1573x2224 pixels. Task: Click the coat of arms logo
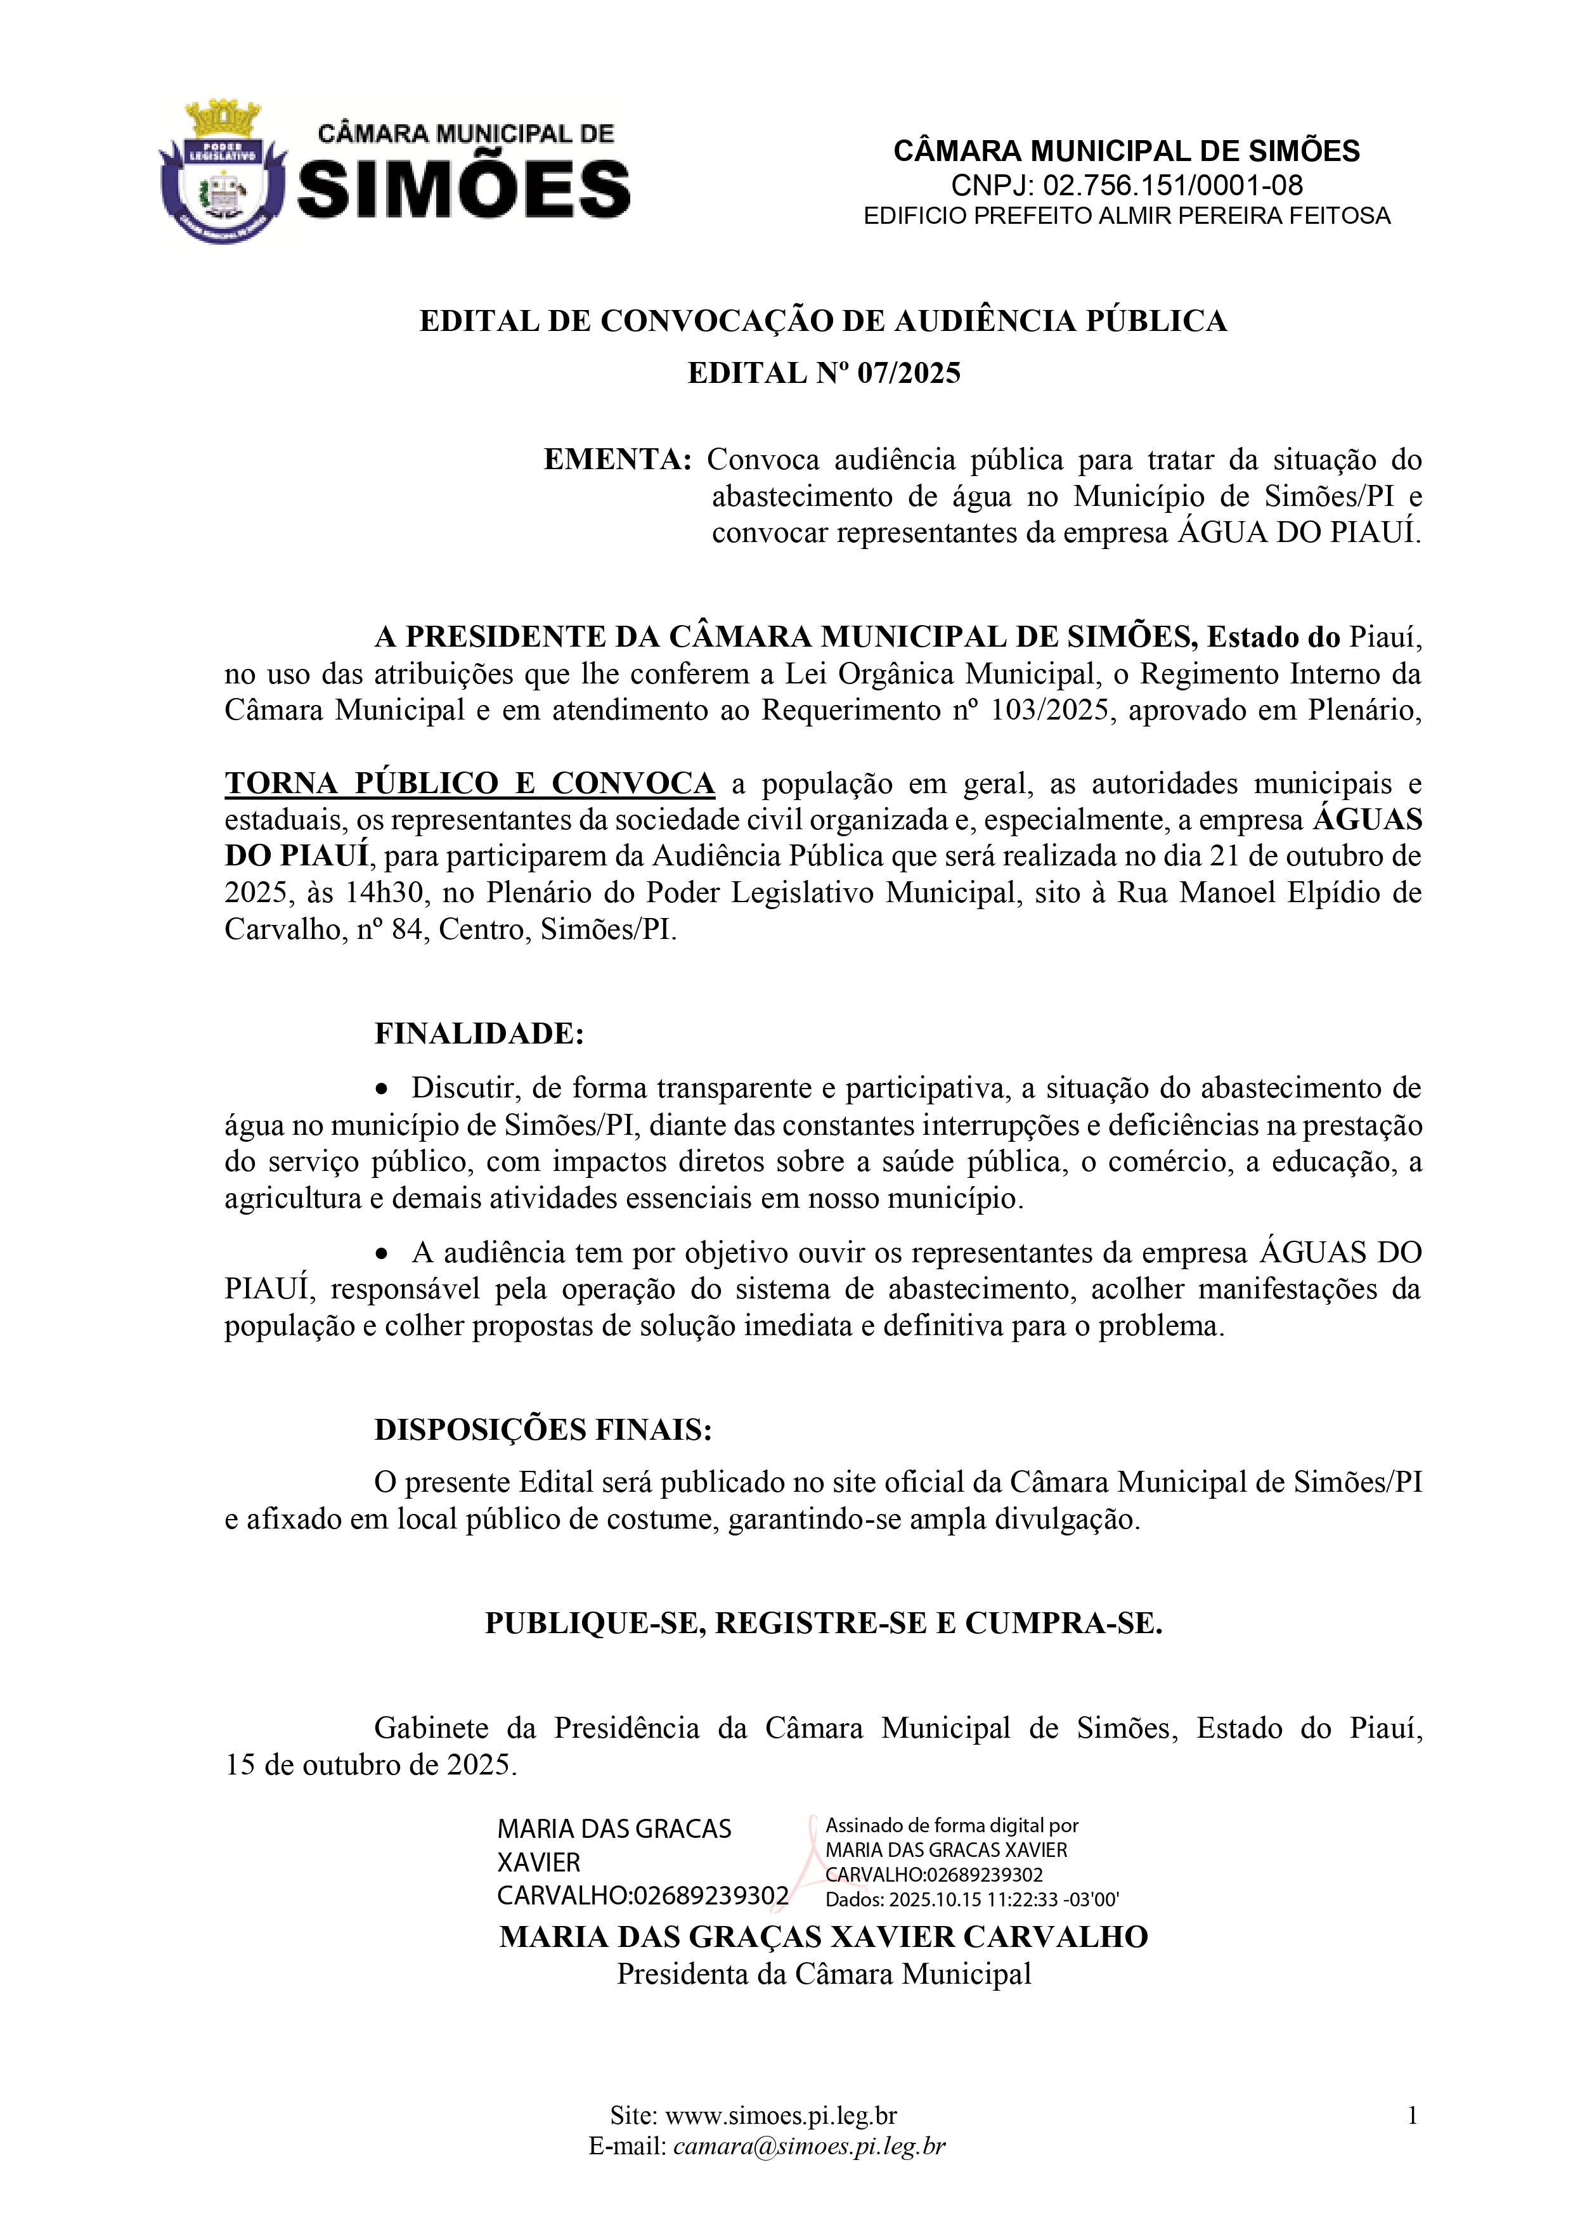(223, 171)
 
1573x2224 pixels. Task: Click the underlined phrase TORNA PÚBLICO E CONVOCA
(470, 783)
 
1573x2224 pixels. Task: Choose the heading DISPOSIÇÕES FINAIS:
(543, 1430)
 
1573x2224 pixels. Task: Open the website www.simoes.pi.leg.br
(780, 2116)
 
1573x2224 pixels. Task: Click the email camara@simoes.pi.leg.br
(809, 2147)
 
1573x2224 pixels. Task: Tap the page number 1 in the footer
(1412, 2116)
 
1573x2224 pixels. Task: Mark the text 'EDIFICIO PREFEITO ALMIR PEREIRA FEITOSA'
(1127, 216)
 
